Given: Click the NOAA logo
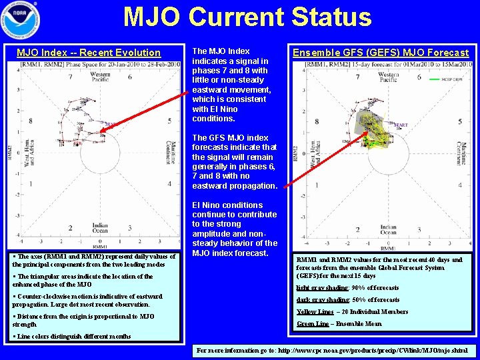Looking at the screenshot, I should click(20, 21).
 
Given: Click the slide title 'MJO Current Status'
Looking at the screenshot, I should click(247, 17).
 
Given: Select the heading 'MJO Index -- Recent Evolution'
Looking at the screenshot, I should click(89, 53).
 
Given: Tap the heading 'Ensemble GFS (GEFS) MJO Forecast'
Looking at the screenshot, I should click(381, 53).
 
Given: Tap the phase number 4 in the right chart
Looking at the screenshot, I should click(460, 185).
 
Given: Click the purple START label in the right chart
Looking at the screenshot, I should click(401, 125).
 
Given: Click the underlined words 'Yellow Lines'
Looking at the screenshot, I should click(315, 312).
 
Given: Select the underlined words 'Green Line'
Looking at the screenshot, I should click(312, 325).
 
